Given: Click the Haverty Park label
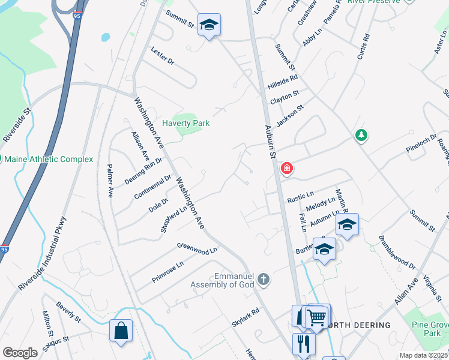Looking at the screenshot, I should pyautogui.click(x=186, y=123).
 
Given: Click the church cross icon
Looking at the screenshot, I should pyautogui.click(x=263, y=279).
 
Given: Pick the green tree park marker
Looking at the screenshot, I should pyautogui.click(x=361, y=136).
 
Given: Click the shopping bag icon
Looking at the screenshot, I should pyautogui.click(x=121, y=330).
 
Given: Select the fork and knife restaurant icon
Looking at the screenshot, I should pyautogui.click(x=304, y=343).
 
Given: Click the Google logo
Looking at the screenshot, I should pyautogui.click(x=20, y=353).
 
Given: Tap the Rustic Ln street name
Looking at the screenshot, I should pyautogui.click(x=301, y=196).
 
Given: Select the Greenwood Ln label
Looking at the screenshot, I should pyautogui.click(x=196, y=247).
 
